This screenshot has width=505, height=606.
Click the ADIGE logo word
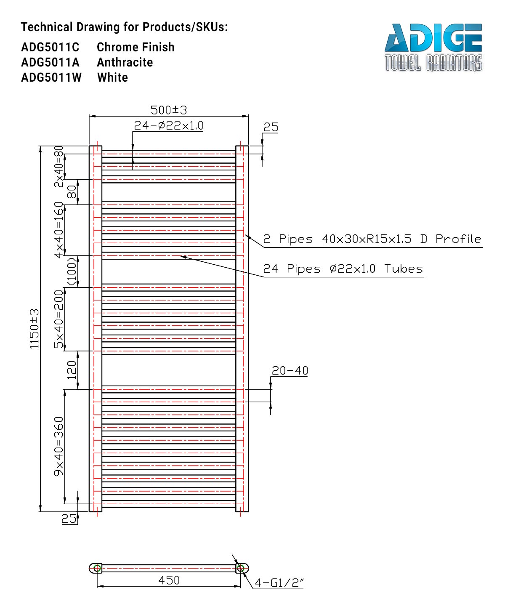[433, 38]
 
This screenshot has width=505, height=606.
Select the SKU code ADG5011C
[50, 47]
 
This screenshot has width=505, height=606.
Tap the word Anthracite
[125, 62]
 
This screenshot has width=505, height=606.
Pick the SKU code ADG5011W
[51, 77]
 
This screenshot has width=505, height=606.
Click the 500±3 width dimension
[169, 110]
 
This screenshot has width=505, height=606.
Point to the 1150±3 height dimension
[34, 329]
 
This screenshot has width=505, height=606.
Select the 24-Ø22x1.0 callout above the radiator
[169, 125]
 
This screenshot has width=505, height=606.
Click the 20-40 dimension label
[290, 371]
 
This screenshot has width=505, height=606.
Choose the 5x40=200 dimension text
[58, 319]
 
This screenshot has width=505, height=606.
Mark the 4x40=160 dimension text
[58, 230]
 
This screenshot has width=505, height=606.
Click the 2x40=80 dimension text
[58, 167]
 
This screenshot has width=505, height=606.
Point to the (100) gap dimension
[72, 271]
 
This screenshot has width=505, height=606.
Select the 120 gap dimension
[72, 370]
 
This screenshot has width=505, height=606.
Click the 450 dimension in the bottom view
[169, 580]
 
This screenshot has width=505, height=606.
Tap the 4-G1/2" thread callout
[279, 582]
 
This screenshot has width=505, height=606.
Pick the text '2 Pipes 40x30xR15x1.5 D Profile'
[372, 239]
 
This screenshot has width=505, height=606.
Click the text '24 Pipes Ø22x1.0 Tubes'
[343, 269]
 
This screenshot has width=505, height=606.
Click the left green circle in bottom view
[97, 568]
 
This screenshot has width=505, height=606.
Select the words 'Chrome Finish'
[136, 47]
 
